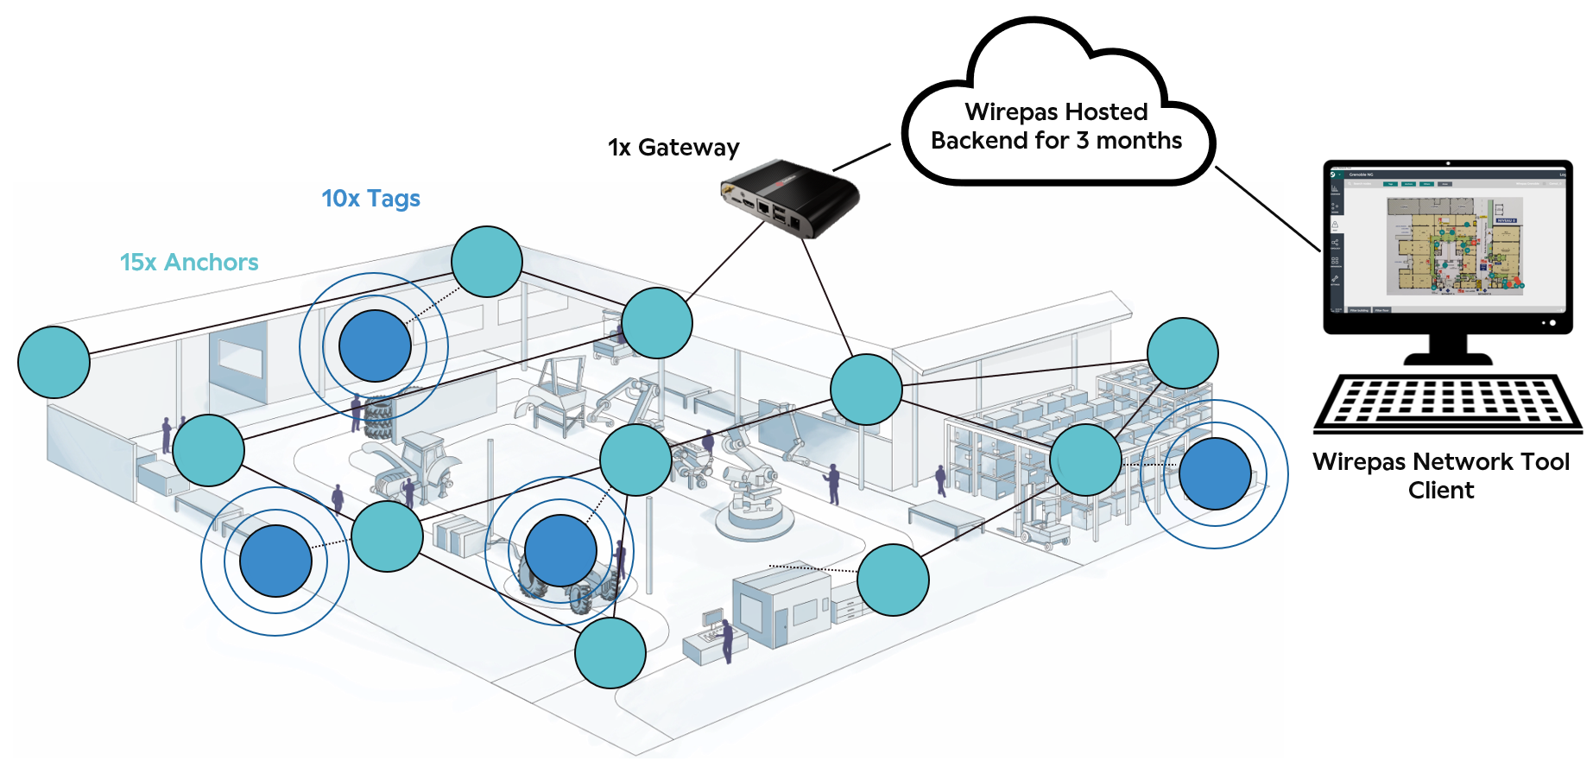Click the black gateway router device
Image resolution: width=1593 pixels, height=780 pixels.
pos(789,198)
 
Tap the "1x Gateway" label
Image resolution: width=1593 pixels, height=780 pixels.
pos(673,148)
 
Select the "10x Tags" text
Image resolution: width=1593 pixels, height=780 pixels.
pos(370,199)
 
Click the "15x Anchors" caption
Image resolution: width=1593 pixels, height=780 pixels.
pos(189,263)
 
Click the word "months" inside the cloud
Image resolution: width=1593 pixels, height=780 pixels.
pos(1139,141)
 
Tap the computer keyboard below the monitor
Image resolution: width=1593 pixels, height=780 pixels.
pos(1447,403)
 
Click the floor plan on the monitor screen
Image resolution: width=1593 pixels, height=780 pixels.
pos(1455,245)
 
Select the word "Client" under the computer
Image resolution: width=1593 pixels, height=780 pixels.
pos(1441,491)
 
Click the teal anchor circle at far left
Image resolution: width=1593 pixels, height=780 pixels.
pos(54,362)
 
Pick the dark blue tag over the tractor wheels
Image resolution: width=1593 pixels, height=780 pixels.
pos(561,550)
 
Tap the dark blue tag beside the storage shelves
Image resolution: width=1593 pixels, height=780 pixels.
pos(1215,473)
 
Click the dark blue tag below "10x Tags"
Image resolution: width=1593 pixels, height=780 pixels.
pos(375,346)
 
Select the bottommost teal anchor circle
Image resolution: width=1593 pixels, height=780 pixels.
pos(610,652)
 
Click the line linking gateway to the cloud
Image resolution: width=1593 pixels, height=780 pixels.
pos(861,157)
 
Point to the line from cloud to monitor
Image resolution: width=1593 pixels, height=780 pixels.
pos(1267,208)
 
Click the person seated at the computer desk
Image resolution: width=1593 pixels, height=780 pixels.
pos(727,639)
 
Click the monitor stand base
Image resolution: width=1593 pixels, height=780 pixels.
pos(1448,356)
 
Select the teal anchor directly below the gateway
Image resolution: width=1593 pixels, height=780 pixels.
pos(866,390)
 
